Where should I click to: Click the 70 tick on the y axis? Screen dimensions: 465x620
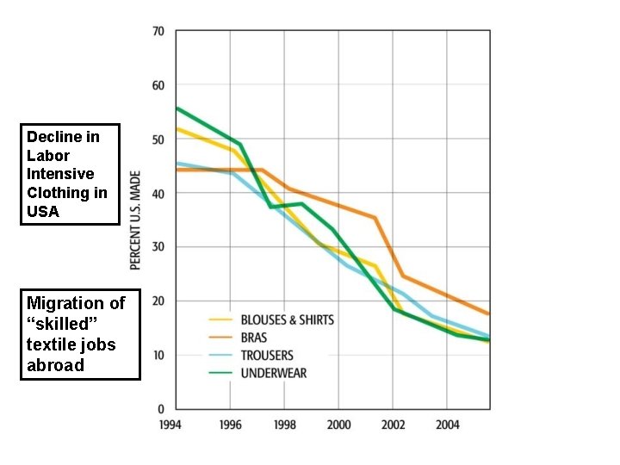[x=158, y=32]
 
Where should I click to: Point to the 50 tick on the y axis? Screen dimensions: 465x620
[x=158, y=139]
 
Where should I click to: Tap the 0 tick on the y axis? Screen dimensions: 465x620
[x=161, y=409]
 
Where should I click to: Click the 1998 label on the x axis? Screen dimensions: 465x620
[x=284, y=425]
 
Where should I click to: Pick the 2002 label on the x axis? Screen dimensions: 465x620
[x=393, y=425]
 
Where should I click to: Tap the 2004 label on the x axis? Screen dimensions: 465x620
[x=447, y=425]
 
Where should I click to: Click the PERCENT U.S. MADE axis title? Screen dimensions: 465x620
[x=136, y=219]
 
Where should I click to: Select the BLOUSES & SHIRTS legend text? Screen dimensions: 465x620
[x=287, y=319]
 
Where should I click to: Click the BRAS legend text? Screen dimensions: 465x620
[x=254, y=338]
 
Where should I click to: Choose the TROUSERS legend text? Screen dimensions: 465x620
[x=267, y=356]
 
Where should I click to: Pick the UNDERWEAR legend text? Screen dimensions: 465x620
[x=274, y=373]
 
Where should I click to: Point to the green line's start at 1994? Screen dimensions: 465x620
[x=177, y=108]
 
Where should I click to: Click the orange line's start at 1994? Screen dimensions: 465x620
[x=177, y=170]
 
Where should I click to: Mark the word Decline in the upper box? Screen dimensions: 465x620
[x=51, y=137]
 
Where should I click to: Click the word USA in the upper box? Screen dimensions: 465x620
[x=43, y=212]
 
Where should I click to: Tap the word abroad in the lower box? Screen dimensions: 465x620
[x=56, y=365]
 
